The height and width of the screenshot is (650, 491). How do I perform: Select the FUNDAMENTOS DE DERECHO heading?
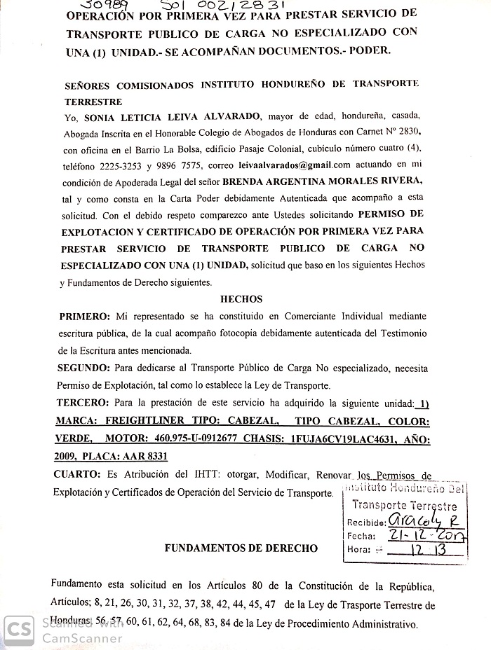(241, 548)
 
